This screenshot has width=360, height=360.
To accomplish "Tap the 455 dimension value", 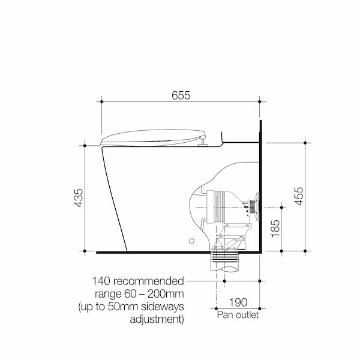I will pos(316,197).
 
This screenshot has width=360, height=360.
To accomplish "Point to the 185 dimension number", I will pos(275,229).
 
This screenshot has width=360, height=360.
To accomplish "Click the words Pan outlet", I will pos(238,315).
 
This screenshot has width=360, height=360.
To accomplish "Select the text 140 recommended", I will pos(137,281).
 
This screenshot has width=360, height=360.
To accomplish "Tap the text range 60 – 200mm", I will pos(139,293).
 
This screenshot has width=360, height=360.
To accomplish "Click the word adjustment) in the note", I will pos(157,319).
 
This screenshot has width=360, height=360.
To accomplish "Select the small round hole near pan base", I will pos(192,241).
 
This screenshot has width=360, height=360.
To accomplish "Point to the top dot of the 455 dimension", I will pos(307,142).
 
